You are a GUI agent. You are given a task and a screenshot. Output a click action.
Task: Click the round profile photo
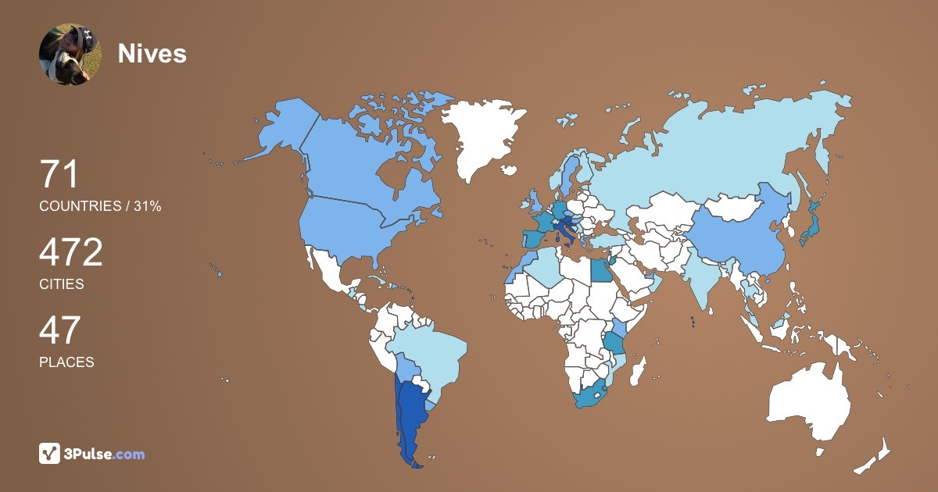pos(70,54)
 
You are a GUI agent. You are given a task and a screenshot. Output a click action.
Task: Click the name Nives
pos(152,53)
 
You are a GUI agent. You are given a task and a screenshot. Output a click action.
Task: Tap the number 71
pos(59,174)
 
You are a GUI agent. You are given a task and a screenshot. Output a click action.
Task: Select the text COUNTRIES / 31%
pos(100,206)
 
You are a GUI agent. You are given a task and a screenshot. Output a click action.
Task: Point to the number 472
pos(71,252)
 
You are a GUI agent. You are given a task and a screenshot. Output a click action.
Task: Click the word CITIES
pos(62,284)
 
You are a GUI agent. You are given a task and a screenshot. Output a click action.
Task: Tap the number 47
pos(59,330)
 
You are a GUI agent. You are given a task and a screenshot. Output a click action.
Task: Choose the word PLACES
pos(66,362)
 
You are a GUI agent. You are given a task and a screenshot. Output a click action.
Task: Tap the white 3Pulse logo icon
pos(50,454)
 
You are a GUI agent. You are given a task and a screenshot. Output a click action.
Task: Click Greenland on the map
pos(481,137)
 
